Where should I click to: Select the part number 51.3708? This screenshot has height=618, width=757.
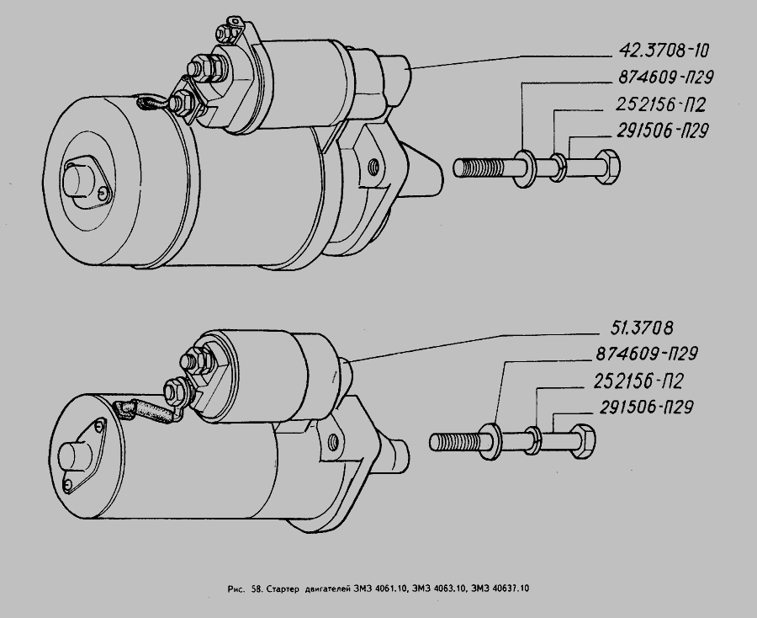click(642, 328)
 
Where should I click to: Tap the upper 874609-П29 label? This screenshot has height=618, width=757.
click(665, 77)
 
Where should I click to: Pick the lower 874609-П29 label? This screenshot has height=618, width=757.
click(647, 354)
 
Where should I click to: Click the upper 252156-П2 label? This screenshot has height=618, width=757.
click(661, 104)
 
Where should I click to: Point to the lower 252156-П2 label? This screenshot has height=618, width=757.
click(638, 381)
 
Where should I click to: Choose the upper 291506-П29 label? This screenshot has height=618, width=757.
click(663, 131)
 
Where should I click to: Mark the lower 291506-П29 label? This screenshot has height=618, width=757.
click(647, 408)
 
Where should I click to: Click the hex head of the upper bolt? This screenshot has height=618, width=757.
click(608, 167)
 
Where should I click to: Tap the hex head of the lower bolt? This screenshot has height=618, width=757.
click(583, 440)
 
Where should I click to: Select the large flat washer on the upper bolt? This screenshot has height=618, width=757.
click(525, 168)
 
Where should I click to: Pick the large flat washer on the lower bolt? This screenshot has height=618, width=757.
click(491, 441)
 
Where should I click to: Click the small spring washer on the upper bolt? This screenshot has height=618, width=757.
click(559, 168)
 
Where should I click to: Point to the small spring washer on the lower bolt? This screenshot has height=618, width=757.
click(533, 440)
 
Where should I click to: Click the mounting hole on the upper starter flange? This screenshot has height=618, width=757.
click(373, 168)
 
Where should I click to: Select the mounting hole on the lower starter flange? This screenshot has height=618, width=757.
click(332, 440)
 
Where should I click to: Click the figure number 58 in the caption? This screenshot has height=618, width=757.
click(257, 589)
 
